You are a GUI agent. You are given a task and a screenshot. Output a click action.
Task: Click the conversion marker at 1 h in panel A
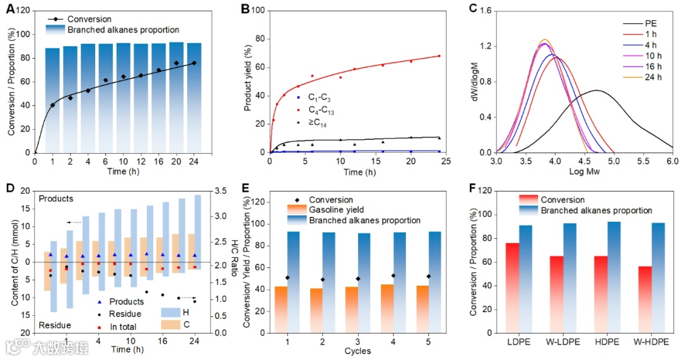(x=52, y=105)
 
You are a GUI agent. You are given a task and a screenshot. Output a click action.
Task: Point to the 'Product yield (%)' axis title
(x=248, y=80)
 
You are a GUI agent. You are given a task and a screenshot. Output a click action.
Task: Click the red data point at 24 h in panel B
(x=439, y=56)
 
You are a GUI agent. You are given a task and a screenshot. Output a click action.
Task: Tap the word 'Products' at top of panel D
(x=56, y=199)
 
